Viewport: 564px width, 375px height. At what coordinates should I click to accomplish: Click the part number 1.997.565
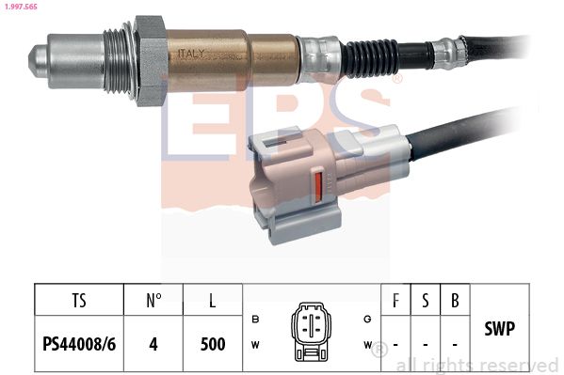tap(23, 8)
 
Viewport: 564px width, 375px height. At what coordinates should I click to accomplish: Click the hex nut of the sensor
tap(150, 59)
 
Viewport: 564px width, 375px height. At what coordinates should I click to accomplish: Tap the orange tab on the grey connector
tap(316, 183)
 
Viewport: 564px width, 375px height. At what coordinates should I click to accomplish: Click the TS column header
tap(79, 302)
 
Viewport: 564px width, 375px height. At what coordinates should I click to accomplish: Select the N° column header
tap(154, 302)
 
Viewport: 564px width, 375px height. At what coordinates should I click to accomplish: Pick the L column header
tap(212, 302)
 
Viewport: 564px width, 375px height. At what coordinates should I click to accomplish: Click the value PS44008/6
tap(79, 344)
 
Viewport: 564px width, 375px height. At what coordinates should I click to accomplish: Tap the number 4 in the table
tap(154, 344)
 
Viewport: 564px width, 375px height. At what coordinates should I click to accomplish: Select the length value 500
tap(212, 344)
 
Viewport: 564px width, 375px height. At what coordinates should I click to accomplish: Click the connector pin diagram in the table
tap(310, 330)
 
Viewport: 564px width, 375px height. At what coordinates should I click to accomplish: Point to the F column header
tap(395, 302)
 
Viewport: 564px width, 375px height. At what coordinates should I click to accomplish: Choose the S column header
tap(426, 302)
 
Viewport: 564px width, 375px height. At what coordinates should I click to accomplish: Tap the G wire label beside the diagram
tap(367, 320)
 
